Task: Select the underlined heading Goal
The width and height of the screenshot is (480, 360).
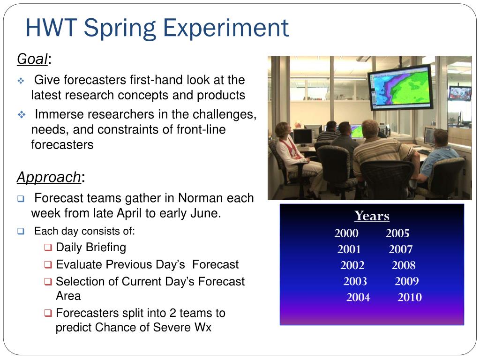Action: coord(32,59)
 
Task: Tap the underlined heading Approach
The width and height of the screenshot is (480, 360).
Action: coord(49,177)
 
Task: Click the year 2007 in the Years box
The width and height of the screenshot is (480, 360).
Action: coord(400,249)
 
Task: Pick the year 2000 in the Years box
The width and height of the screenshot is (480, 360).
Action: coord(346,233)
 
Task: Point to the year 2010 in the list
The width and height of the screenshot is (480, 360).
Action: coord(410,297)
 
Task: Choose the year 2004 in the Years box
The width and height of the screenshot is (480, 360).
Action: coord(358,297)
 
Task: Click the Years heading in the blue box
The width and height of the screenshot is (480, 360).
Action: coord(372,216)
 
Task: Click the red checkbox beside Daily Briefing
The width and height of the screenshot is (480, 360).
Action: coord(48,247)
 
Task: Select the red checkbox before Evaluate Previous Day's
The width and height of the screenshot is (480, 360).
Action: coord(48,264)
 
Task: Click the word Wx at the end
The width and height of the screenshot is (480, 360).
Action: coord(203,327)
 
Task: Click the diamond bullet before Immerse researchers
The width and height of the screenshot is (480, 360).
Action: coord(22,115)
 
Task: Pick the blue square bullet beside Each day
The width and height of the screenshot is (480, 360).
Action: coord(21,231)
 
